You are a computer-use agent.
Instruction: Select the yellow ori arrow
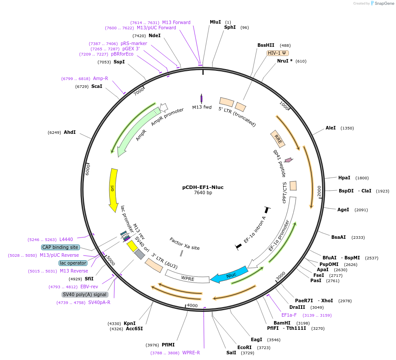[x=113, y=188]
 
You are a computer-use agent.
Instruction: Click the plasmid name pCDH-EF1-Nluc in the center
[x=203, y=187]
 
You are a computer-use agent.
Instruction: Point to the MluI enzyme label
[x=215, y=22]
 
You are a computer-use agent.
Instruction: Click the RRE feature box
[x=278, y=139]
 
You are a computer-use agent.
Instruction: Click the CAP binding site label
[x=60, y=247]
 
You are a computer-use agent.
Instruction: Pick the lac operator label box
[x=73, y=263]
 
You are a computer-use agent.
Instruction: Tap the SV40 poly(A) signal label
[x=85, y=294]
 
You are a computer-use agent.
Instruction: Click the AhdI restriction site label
[x=69, y=132]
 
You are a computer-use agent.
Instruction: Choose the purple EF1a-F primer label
[x=289, y=315]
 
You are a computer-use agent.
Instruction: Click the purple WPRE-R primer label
[x=191, y=353]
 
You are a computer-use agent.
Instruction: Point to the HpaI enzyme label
[x=344, y=178]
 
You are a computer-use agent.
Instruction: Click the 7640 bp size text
[x=203, y=193]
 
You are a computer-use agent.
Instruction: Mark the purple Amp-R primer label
[x=100, y=78]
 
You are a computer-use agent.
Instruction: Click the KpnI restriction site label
[x=130, y=323]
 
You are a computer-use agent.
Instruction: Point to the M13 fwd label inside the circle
[x=202, y=107]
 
